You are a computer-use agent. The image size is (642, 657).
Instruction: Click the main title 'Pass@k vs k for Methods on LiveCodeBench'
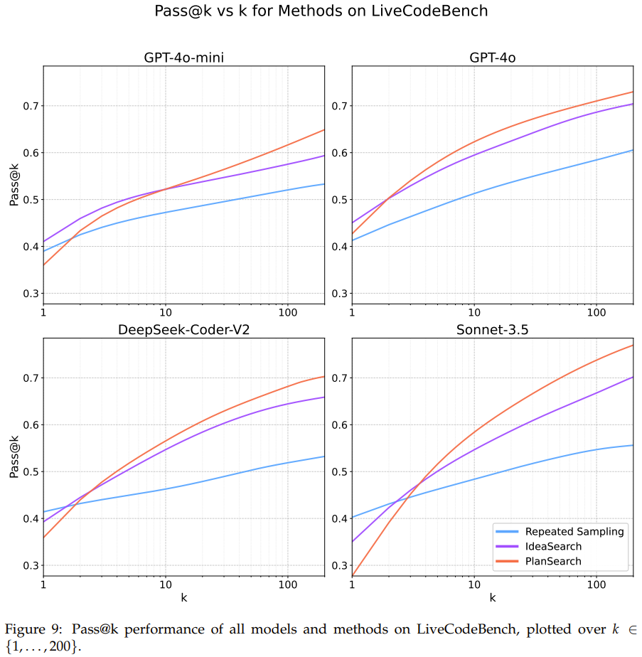tap(321, 11)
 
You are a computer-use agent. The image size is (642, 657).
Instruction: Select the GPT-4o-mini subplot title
tap(183, 58)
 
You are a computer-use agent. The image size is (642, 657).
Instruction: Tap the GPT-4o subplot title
tap(492, 58)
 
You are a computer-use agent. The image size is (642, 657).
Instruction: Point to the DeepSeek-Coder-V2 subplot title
tap(183, 329)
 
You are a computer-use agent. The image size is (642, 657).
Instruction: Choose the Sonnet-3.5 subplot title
tap(492, 329)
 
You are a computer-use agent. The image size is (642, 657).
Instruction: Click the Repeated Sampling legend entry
tap(574, 531)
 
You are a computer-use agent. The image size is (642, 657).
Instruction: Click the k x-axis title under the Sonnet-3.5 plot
tap(492, 598)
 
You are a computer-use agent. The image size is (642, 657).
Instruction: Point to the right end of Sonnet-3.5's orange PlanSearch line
tap(633, 345)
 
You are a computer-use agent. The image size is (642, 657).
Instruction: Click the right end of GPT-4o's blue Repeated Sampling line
tap(633, 150)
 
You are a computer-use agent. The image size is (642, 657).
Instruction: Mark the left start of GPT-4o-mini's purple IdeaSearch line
tap(44, 242)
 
